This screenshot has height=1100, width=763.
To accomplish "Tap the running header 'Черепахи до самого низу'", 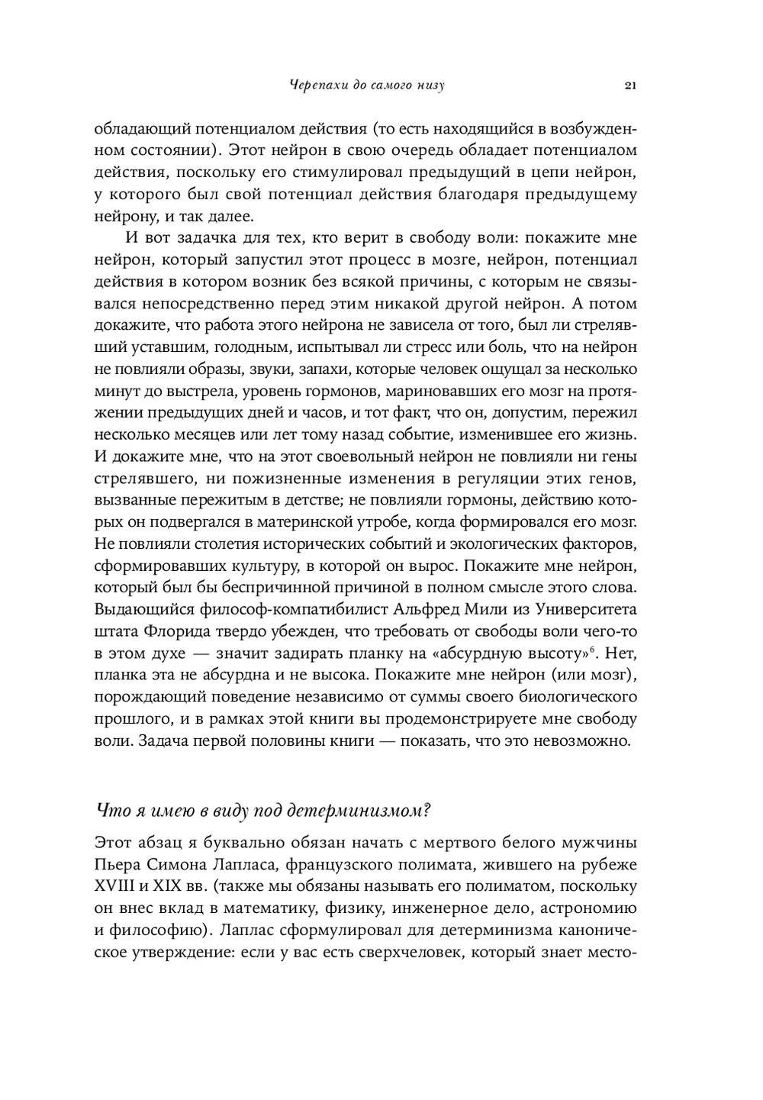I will click(x=367, y=85).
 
